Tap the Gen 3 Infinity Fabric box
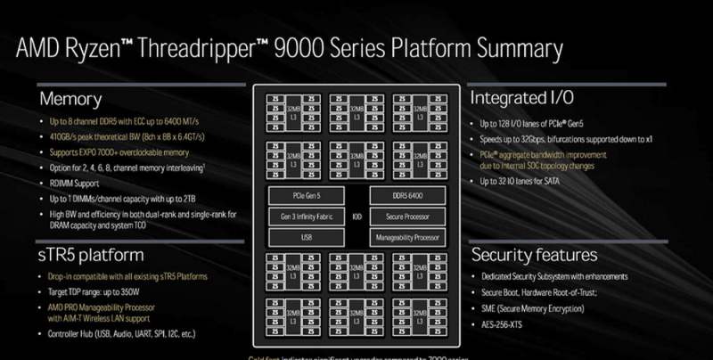tap(307, 217)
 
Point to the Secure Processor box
tap(407, 217)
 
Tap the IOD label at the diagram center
tap(356, 217)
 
